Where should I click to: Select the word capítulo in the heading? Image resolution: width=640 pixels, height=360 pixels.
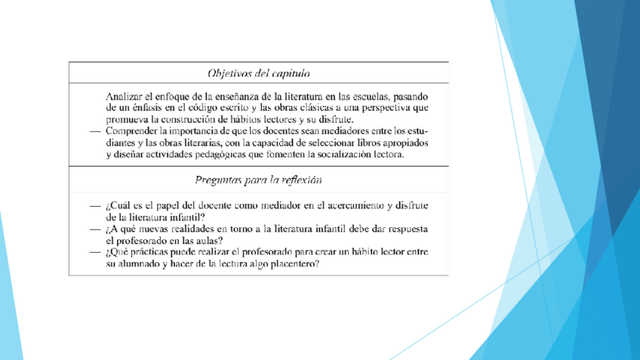(x=291, y=73)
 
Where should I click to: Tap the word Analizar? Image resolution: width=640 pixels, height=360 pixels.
(x=125, y=97)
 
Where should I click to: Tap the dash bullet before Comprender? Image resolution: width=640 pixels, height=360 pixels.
(x=94, y=131)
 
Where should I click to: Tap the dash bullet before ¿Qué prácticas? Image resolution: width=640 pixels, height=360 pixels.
(x=94, y=251)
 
